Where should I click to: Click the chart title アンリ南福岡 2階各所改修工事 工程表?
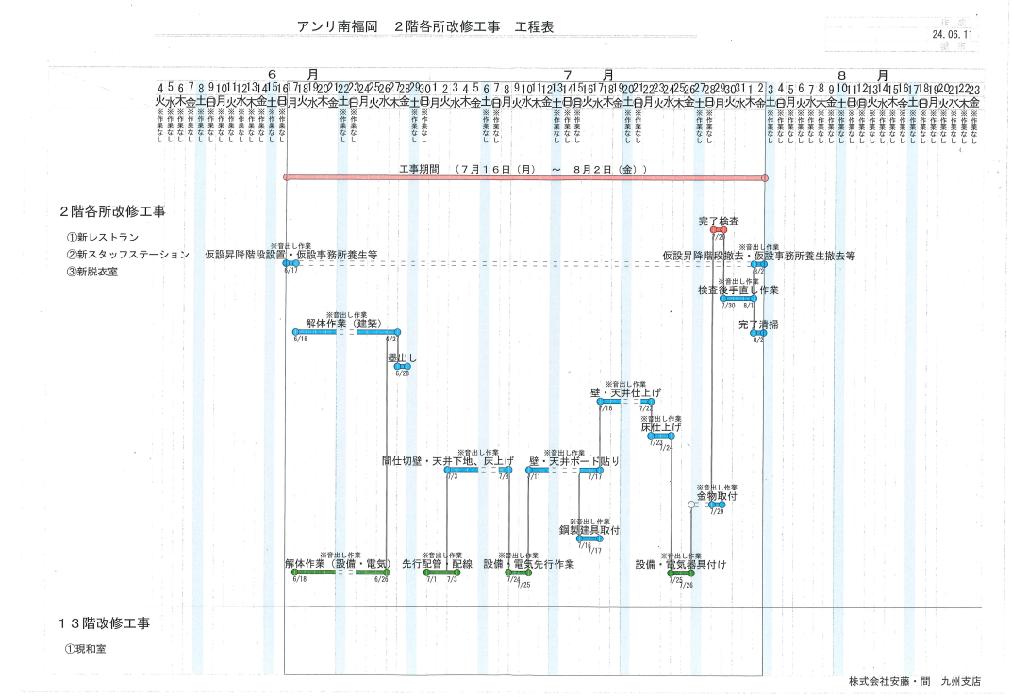(424, 26)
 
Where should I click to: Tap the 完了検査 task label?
(719, 221)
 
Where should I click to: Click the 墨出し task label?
(402, 358)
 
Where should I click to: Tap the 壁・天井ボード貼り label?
(574, 461)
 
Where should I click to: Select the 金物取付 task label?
(717, 496)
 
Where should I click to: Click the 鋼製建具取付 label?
(589, 530)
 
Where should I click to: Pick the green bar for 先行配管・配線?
(440, 573)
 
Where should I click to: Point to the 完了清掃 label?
(758, 324)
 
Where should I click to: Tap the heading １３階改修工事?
(104, 623)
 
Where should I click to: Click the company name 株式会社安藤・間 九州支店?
(914, 681)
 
